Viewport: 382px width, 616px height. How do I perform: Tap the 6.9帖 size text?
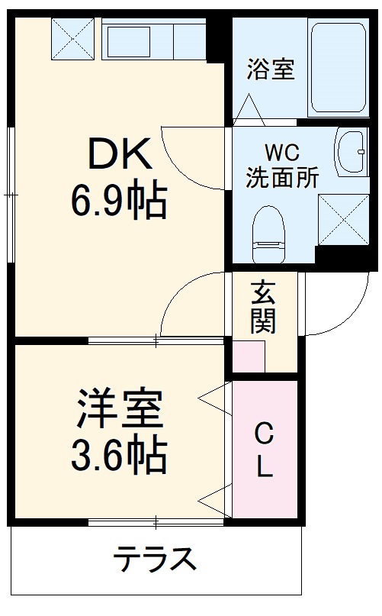119,202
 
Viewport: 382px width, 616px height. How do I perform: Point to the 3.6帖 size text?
118,456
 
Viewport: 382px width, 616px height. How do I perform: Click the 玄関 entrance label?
263,307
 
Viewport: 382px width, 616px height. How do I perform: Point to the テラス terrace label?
155,560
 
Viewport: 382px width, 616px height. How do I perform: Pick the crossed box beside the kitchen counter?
73,38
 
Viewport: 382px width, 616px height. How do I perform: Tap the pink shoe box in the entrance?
248,357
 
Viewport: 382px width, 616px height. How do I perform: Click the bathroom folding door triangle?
249,110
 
